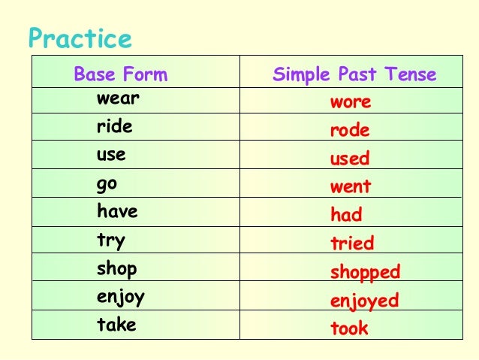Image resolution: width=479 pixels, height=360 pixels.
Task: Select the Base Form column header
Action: (x=120, y=74)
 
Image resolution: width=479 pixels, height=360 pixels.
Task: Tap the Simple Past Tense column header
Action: (x=354, y=74)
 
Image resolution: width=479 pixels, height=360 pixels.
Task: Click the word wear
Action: (x=118, y=98)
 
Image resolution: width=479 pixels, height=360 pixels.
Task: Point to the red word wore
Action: (x=351, y=102)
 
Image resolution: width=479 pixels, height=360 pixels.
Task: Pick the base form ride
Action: (x=114, y=126)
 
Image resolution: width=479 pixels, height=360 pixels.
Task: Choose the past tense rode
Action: (x=350, y=131)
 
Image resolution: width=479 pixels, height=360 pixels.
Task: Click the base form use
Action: (x=111, y=156)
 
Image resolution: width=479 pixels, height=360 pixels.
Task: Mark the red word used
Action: (x=350, y=159)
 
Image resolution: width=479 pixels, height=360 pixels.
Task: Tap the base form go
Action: (x=107, y=184)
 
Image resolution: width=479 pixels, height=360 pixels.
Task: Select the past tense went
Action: (x=351, y=186)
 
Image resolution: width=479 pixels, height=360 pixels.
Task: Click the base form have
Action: (x=117, y=212)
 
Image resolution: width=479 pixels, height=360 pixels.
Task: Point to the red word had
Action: (x=346, y=215)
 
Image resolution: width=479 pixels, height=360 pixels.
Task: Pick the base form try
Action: (x=111, y=241)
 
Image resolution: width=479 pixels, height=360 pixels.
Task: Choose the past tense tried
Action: (x=352, y=244)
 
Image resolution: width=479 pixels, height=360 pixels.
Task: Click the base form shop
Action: (x=116, y=269)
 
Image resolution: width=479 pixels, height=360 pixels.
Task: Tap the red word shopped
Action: (x=365, y=272)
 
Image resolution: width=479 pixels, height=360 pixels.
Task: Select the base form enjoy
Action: (x=120, y=298)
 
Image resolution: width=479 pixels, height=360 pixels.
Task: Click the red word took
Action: (x=349, y=328)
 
